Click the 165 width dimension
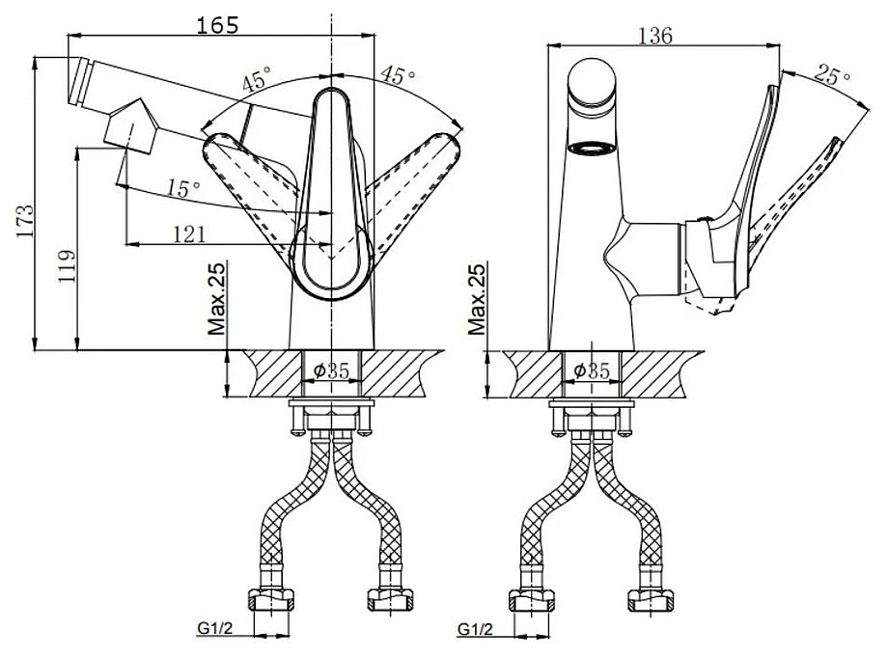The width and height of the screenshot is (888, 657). pyautogui.click(x=217, y=24)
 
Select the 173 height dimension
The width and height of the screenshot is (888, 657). pyautogui.click(x=24, y=220)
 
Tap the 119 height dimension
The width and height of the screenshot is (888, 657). pyautogui.click(x=67, y=265)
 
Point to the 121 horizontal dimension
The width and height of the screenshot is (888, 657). pyautogui.click(x=188, y=233)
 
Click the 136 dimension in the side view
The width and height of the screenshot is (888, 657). pyautogui.click(x=655, y=35)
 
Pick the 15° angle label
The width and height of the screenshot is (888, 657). pyautogui.click(x=183, y=188)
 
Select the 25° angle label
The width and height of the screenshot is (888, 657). pyautogui.click(x=832, y=74)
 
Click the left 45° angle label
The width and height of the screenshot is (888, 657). pyautogui.click(x=257, y=79)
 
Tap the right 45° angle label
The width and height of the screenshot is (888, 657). pyautogui.click(x=398, y=74)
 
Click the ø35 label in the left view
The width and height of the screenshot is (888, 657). pyautogui.click(x=332, y=370)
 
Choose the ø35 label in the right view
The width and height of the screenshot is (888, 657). pyautogui.click(x=592, y=370)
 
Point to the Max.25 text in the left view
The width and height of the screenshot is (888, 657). pyautogui.click(x=217, y=298)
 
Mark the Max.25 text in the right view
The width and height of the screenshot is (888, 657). pyautogui.click(x=477, y=298)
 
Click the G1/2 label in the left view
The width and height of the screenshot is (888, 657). pyautogui.click(x=215, y=627)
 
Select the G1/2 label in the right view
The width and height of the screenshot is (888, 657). pyautogui.click(x=475, y=627)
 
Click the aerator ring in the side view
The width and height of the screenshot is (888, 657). pyautogui.click(x=592, y=149)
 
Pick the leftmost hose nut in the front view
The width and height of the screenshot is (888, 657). pyautogui.click(x=271, y=599)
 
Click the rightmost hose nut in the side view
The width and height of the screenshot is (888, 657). pyautogui.click(x=651, y=599)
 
